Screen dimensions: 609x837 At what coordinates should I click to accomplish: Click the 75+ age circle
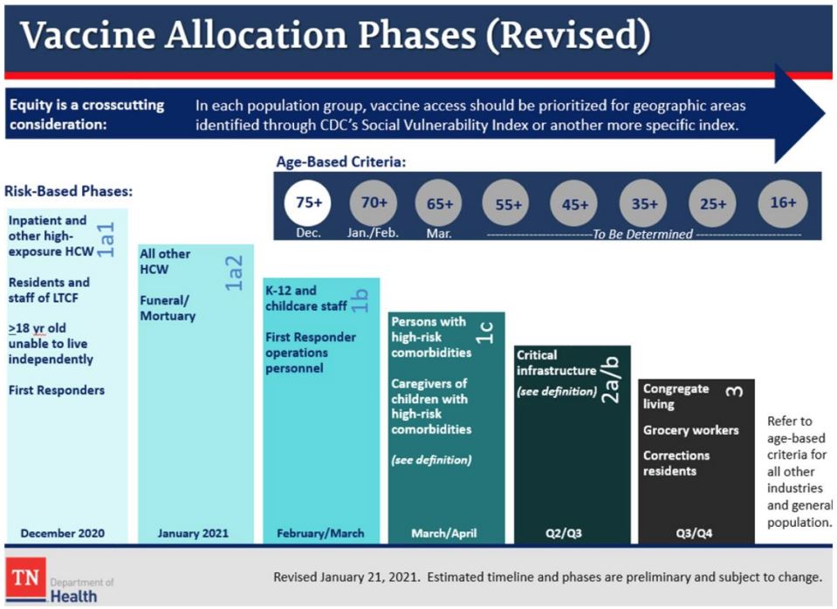(x=309, y=203)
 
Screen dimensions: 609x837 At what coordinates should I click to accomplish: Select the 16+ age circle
(x=783, y=203)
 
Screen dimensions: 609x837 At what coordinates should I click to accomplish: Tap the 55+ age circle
(x=508, y=205)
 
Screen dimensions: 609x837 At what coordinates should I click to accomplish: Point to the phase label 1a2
(x=234, y=273)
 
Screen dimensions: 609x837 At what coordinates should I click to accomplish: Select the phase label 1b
(x=360, y=300)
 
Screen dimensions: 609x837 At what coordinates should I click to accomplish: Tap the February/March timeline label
(x=320, y=532)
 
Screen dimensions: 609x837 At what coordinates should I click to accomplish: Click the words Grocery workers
(x=690, y=430)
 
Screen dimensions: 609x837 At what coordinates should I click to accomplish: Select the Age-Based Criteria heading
(x=341, y=162)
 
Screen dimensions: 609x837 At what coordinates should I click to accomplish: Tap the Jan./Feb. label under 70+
(x=373, y=234)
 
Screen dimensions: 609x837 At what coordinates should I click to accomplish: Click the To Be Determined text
(x=641, y=234)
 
